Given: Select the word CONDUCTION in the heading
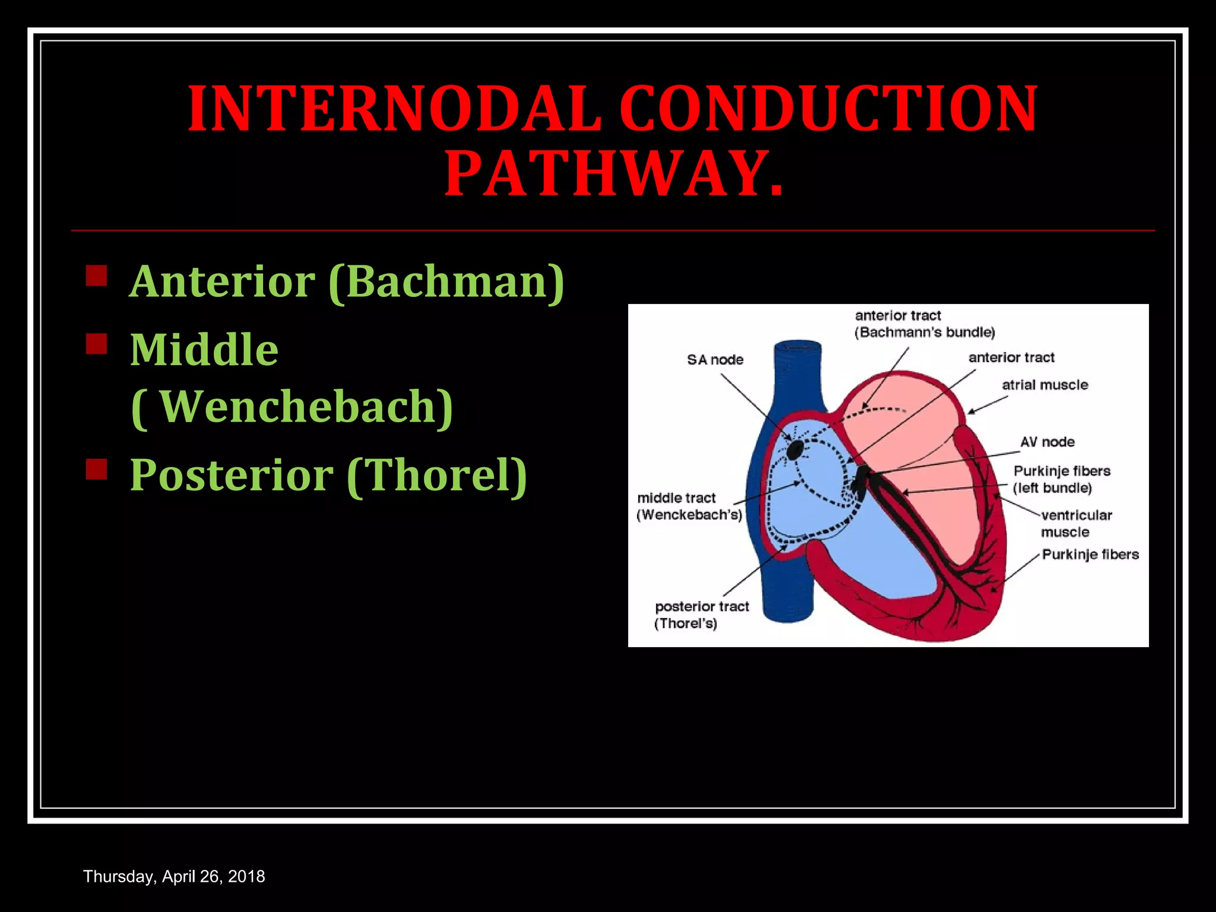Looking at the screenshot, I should click(828, 110).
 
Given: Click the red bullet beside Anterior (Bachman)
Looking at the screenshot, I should click(96, 276).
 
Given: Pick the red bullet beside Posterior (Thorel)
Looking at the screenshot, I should click(96, 469).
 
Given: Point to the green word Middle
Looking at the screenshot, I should click(204, 350).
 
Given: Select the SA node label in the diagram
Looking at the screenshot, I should click(715, 360).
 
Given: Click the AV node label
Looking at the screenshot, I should click(1047, 442).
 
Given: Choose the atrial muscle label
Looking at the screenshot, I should click(1045, 385).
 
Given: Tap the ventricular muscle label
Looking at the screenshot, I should click(1076, 523).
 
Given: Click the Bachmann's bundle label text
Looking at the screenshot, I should click(924, 332).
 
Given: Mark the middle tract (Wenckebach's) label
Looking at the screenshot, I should click(689, 506).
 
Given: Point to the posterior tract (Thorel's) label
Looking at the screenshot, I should click(701, 615).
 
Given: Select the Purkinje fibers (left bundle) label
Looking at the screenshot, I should click(1061, 479).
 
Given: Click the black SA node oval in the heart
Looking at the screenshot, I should click(795, 450).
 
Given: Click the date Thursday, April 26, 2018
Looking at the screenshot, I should click(174, 876).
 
